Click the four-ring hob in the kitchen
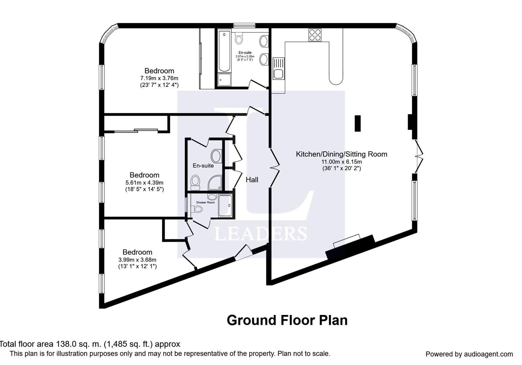tap(315, 35)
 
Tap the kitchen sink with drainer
tap(279, 68)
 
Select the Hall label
tap(252, 180)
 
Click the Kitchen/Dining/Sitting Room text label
tap(341, 154)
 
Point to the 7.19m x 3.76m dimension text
tap(159, 78)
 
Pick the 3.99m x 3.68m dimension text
tap(137, 260)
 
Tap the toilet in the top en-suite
tap(239, 39)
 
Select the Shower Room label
tap(205, 202)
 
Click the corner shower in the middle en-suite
tap(215, 183)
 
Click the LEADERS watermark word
tap(261, 234)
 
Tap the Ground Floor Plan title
tap(287, 320)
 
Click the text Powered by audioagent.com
tap(469, 354)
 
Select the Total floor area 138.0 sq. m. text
tap(90, 344)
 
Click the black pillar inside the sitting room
tap(357, 123)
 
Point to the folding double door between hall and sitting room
tap(275, 168)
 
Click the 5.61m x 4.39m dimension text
tap(144, 182)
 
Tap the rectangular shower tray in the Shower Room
tap(225, 206)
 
